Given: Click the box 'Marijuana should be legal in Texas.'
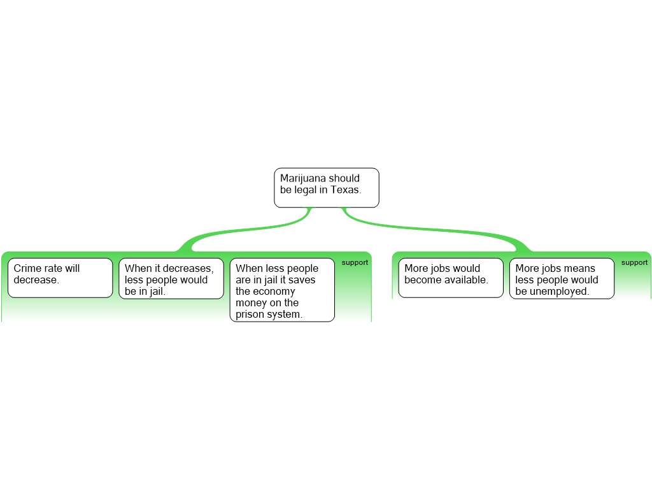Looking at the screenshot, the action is [327, 188].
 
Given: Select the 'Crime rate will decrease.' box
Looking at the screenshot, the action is [60, 278].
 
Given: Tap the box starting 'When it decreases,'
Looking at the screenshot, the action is [171, 279].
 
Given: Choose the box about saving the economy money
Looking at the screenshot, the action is [282, 290].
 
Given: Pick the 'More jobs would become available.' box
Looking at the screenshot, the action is [451, 278].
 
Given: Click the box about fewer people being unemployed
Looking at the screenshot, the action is [562, 279].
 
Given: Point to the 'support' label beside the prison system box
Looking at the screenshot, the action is [355, 262].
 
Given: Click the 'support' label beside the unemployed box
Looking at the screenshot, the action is [634, 262].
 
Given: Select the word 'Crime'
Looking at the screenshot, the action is [27, 268].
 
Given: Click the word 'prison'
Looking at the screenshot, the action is [249, 315].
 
